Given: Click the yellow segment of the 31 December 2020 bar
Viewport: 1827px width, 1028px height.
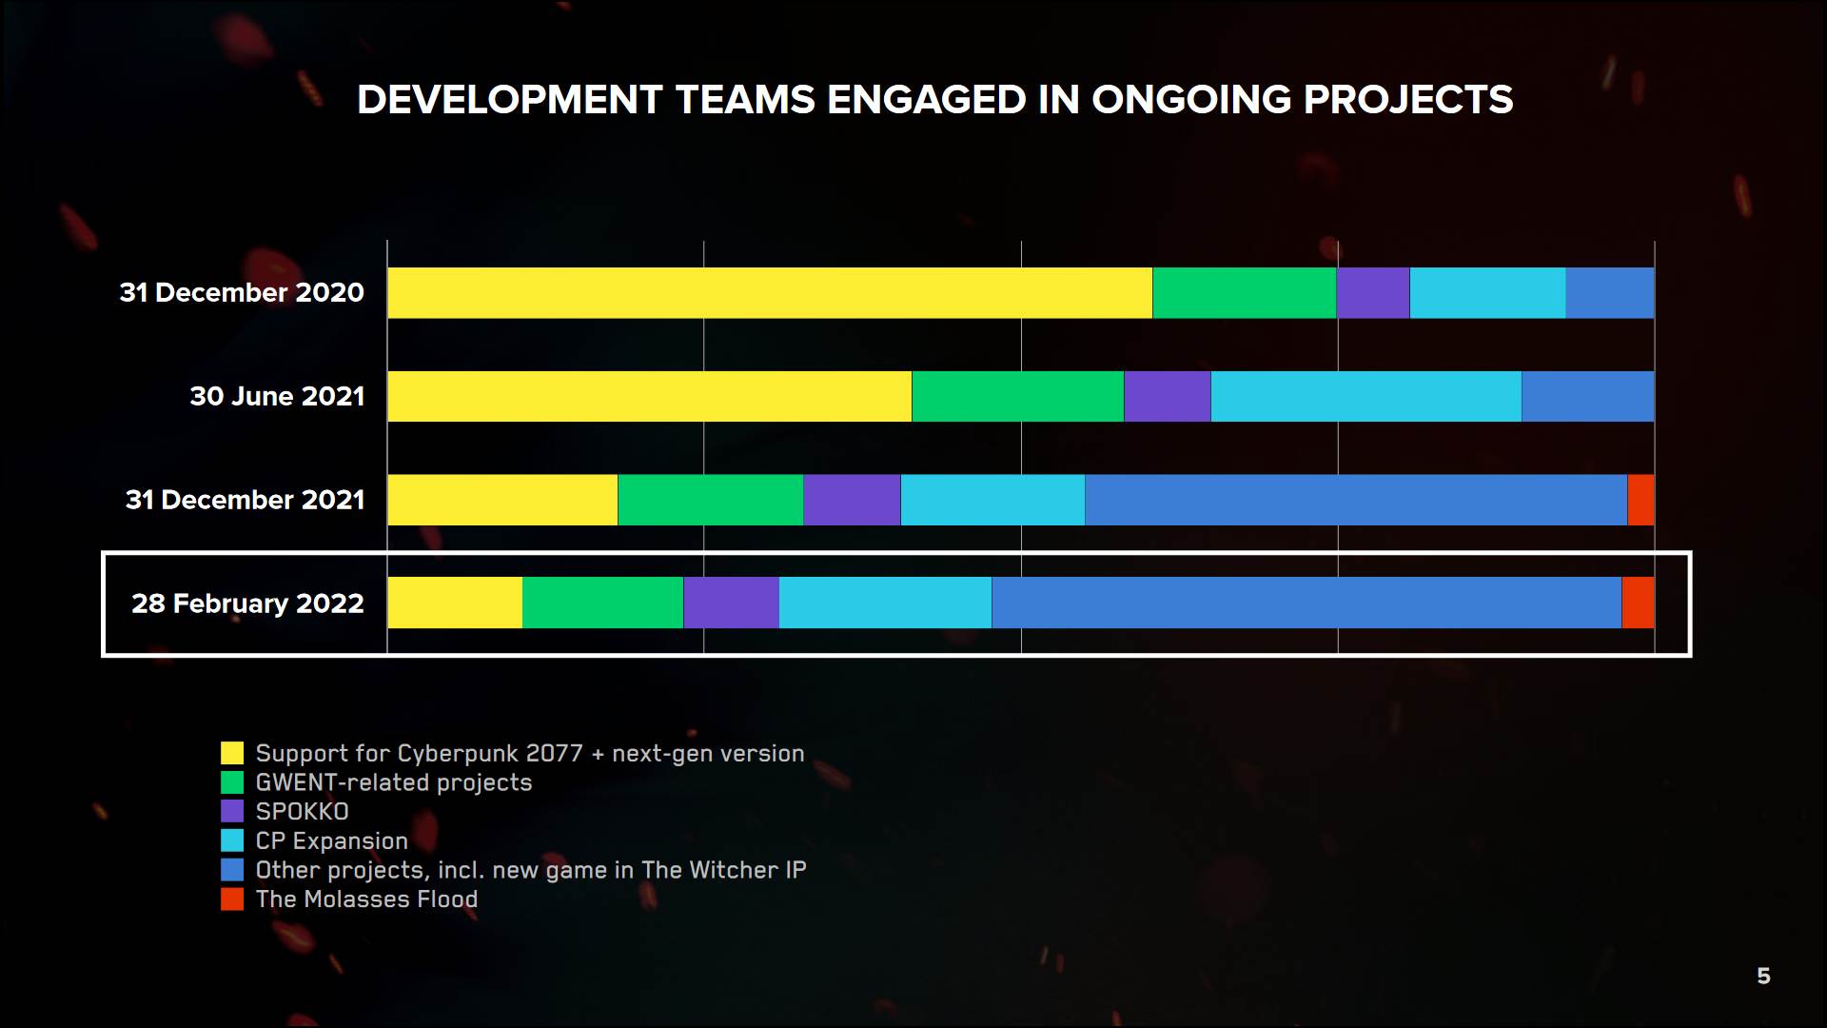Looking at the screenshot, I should click(769, 292).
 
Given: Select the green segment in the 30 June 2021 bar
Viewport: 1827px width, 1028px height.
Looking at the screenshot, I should click(1017, 396).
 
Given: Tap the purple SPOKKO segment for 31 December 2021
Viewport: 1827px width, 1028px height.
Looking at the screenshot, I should click(852, 500).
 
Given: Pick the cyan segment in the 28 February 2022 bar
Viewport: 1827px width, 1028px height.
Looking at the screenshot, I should click(885, 603).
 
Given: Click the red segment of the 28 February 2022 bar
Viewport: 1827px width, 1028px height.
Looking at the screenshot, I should click(1638, 603).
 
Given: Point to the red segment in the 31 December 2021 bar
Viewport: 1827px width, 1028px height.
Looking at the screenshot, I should click(1640, 500).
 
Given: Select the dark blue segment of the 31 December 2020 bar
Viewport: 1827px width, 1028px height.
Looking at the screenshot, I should click(1609, 292).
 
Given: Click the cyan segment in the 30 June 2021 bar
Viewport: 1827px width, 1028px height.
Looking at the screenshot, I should click(1365, 396).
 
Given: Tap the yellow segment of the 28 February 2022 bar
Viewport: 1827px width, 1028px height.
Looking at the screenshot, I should click(455, 603).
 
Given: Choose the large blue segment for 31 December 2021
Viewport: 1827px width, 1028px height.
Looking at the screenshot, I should click(1356, 500).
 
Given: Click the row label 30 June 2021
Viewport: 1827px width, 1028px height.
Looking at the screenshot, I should click(277, 396).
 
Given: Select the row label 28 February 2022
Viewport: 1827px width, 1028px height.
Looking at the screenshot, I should click(247, 603).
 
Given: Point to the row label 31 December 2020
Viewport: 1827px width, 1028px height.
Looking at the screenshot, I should click(242, 292).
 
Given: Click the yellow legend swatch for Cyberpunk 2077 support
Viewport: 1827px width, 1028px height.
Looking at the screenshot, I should click(232, 753).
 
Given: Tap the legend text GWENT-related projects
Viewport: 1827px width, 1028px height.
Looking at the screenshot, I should click(394, 782).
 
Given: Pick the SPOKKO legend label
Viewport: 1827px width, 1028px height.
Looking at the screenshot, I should click(302, 812).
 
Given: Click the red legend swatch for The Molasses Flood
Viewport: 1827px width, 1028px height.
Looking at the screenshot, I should click(232, 899).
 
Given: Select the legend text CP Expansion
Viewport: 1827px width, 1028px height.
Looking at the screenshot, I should click(331, 841).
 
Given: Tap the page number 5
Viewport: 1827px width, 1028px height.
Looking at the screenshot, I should click(1763, 976).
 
